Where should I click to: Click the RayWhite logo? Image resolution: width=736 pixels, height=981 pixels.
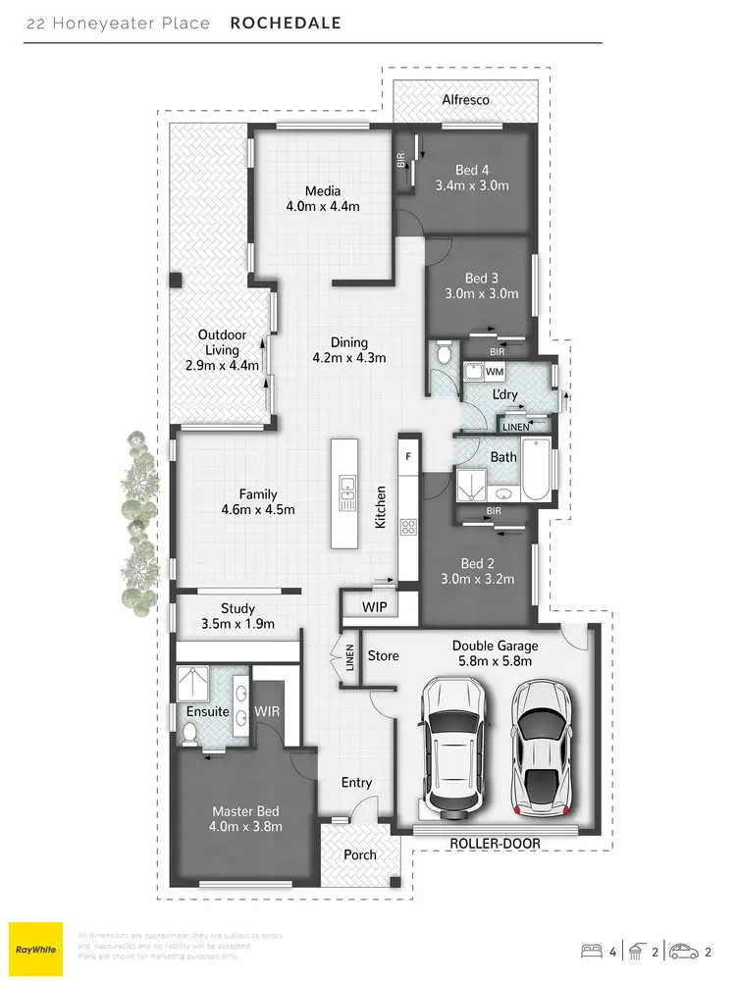point(35,949)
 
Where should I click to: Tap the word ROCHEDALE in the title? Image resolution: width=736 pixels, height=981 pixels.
point(286,23)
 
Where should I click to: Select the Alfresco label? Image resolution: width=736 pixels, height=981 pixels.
point(465,100)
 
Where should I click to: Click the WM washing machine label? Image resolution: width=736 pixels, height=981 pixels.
point(494,373)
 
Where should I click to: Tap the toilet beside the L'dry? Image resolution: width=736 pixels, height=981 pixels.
point(445,354)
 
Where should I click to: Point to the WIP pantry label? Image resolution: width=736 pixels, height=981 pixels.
point(374,607)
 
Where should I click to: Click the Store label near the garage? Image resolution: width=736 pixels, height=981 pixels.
point(383,654)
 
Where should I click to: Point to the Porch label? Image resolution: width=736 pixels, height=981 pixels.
point(360,854)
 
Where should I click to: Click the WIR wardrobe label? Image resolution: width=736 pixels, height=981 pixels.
point(268,709)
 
